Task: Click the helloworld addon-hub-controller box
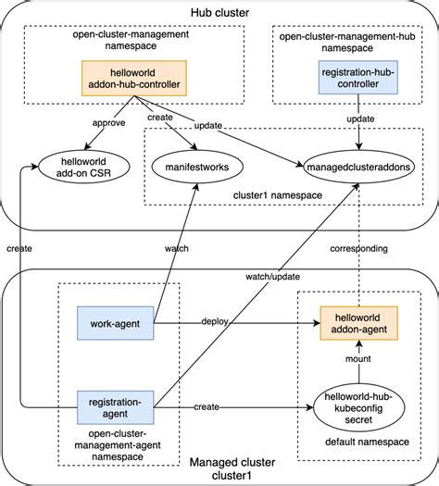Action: (x=134, y=79)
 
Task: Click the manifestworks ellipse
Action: (x=196, y=167)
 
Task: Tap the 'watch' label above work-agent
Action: (x=178, y=248)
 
